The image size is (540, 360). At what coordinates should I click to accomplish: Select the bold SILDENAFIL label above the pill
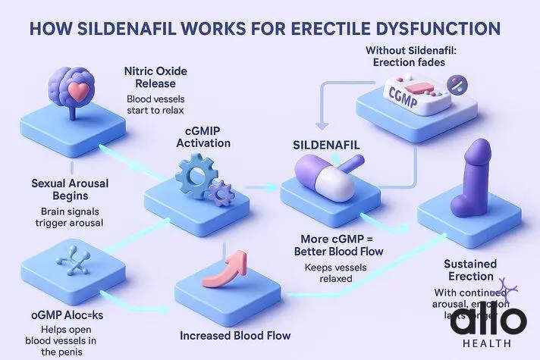(x=326, y=143)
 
